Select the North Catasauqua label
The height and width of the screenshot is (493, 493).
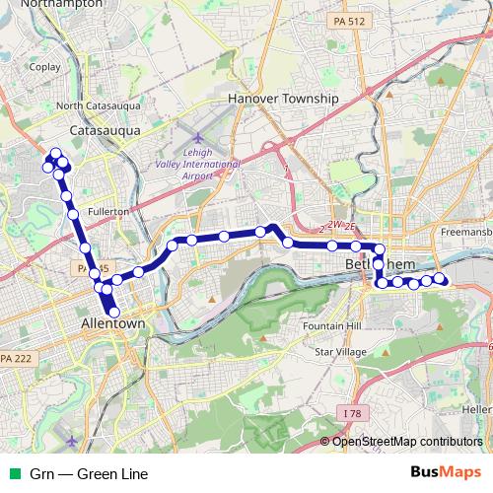click(98, 106)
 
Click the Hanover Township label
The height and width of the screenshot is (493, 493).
click(283, 100)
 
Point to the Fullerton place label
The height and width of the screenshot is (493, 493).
click(108, 212)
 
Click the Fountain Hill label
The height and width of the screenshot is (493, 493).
click(332, 325)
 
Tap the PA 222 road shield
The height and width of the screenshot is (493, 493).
click(19, 357)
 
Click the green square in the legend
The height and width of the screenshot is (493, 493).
click(14, 474)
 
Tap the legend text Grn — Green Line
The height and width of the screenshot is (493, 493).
click(89, 474)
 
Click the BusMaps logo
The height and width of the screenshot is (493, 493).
click(447, 473)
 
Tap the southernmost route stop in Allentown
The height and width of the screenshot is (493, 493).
click(113, 313)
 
